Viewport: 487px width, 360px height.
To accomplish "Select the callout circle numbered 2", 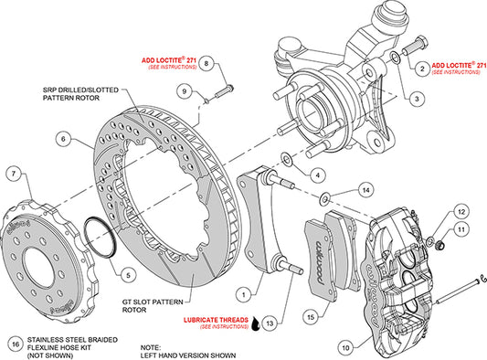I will [420, 68].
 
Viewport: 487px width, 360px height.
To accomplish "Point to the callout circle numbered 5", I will [126, 273].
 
